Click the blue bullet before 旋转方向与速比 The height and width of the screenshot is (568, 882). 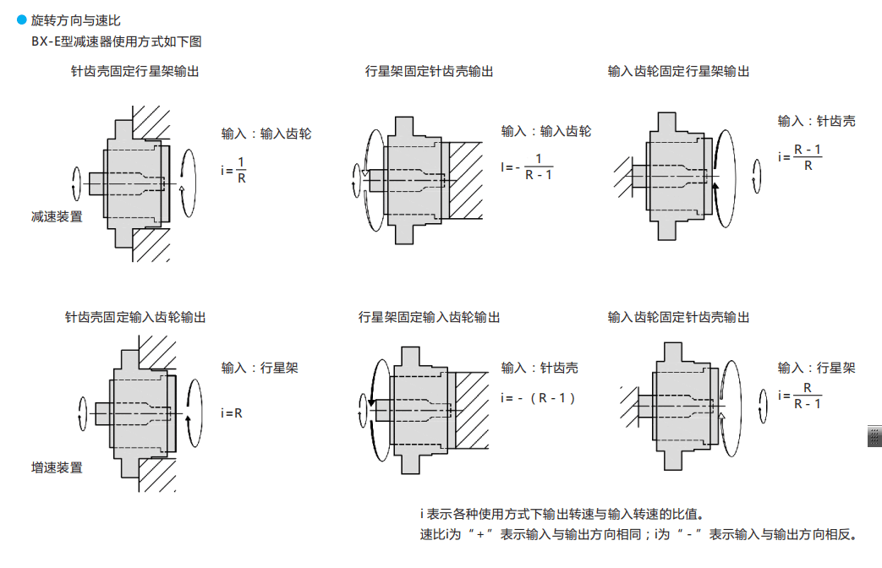[22, 19]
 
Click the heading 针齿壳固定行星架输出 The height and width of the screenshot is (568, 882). [135, 72]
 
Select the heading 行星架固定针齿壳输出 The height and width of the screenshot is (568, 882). [429, 72]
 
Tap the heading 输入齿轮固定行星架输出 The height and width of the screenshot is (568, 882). [678, 72]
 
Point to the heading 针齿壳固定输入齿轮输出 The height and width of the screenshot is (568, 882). [135, 318]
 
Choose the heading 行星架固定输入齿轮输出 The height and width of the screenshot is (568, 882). [429, 318]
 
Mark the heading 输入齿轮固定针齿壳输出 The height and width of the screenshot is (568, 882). [678, 318]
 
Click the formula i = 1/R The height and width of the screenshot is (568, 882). [234, 169]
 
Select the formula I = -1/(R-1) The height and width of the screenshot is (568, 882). [528, 167]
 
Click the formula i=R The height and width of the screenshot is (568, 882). [232, 413]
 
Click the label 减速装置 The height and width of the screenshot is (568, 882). [57, 216]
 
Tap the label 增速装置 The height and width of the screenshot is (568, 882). [57, 467]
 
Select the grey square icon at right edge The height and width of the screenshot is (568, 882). [874, 436]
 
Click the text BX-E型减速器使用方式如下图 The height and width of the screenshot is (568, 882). [116, 41]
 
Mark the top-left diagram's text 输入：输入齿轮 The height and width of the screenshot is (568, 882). [266, 134]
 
